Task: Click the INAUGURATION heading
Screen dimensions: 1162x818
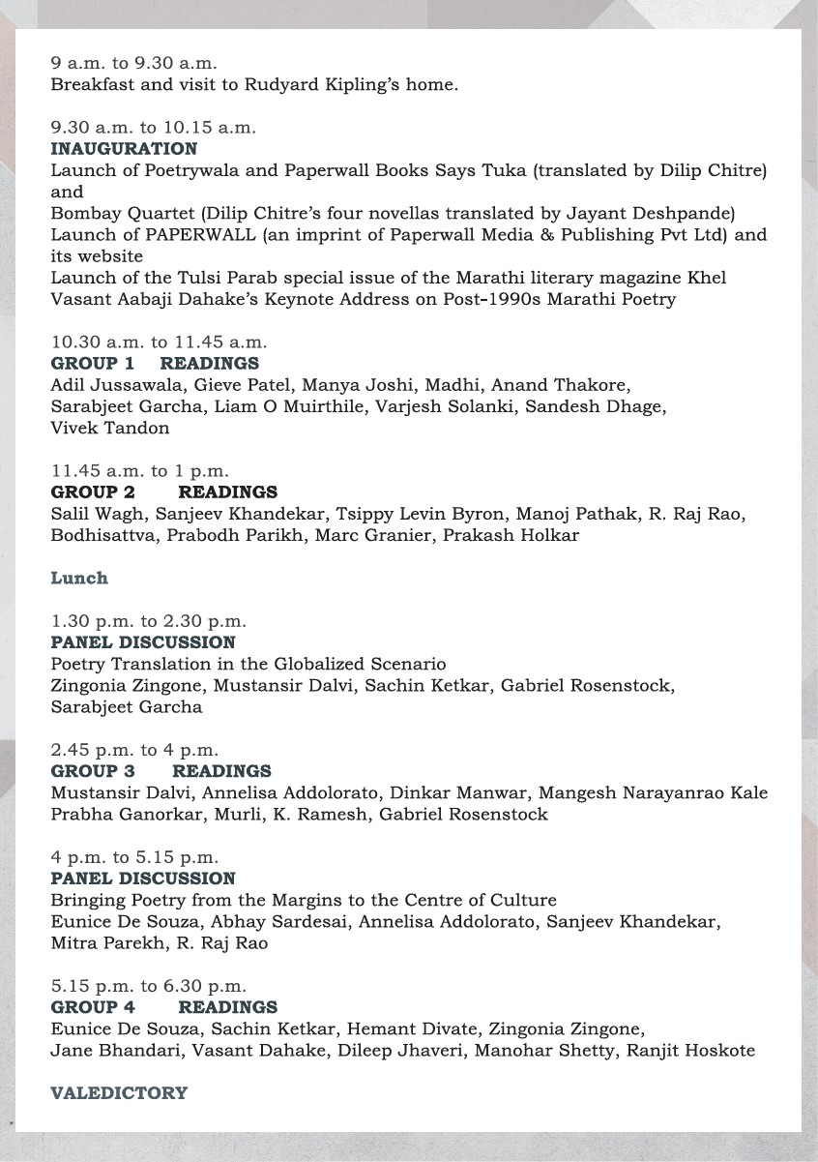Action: point(124,149)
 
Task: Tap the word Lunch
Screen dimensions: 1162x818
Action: point(79,579)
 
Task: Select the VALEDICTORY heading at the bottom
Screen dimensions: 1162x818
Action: point(119,1093)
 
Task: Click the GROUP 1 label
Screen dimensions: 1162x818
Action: point(93,364)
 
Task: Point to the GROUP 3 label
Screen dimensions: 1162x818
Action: point(93,771)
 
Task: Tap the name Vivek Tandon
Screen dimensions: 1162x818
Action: point(110,428)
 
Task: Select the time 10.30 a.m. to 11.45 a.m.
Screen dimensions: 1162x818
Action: point(159,343)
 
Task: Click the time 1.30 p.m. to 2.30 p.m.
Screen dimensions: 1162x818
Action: point(149,621)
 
